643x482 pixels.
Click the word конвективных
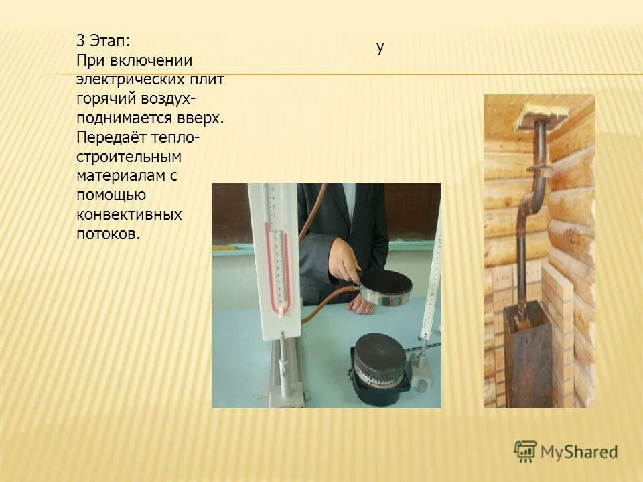pyautogui.click(x=129, y=215)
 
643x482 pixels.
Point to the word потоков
pyautogui.click(x=109, y=234)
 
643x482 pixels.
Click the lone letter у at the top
pyautogui.click(x=380, y=47)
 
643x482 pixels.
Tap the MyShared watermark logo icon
pyautogui.click(x=526, y=451)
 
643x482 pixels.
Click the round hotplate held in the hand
pyautogui.click(x=386, y=287)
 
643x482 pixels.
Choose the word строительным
pyautogui.click(x=129, y=157)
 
